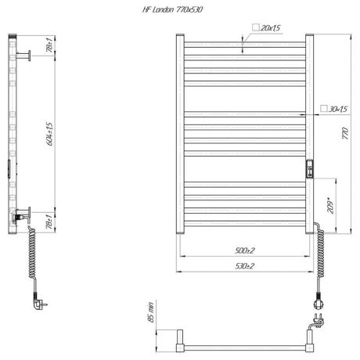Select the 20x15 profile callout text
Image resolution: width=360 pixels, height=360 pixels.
272,27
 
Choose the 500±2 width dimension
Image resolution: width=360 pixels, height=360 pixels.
244,250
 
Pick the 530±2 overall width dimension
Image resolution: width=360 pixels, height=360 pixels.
244,267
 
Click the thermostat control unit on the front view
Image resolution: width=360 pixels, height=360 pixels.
311,169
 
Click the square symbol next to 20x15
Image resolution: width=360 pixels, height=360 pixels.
256,27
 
